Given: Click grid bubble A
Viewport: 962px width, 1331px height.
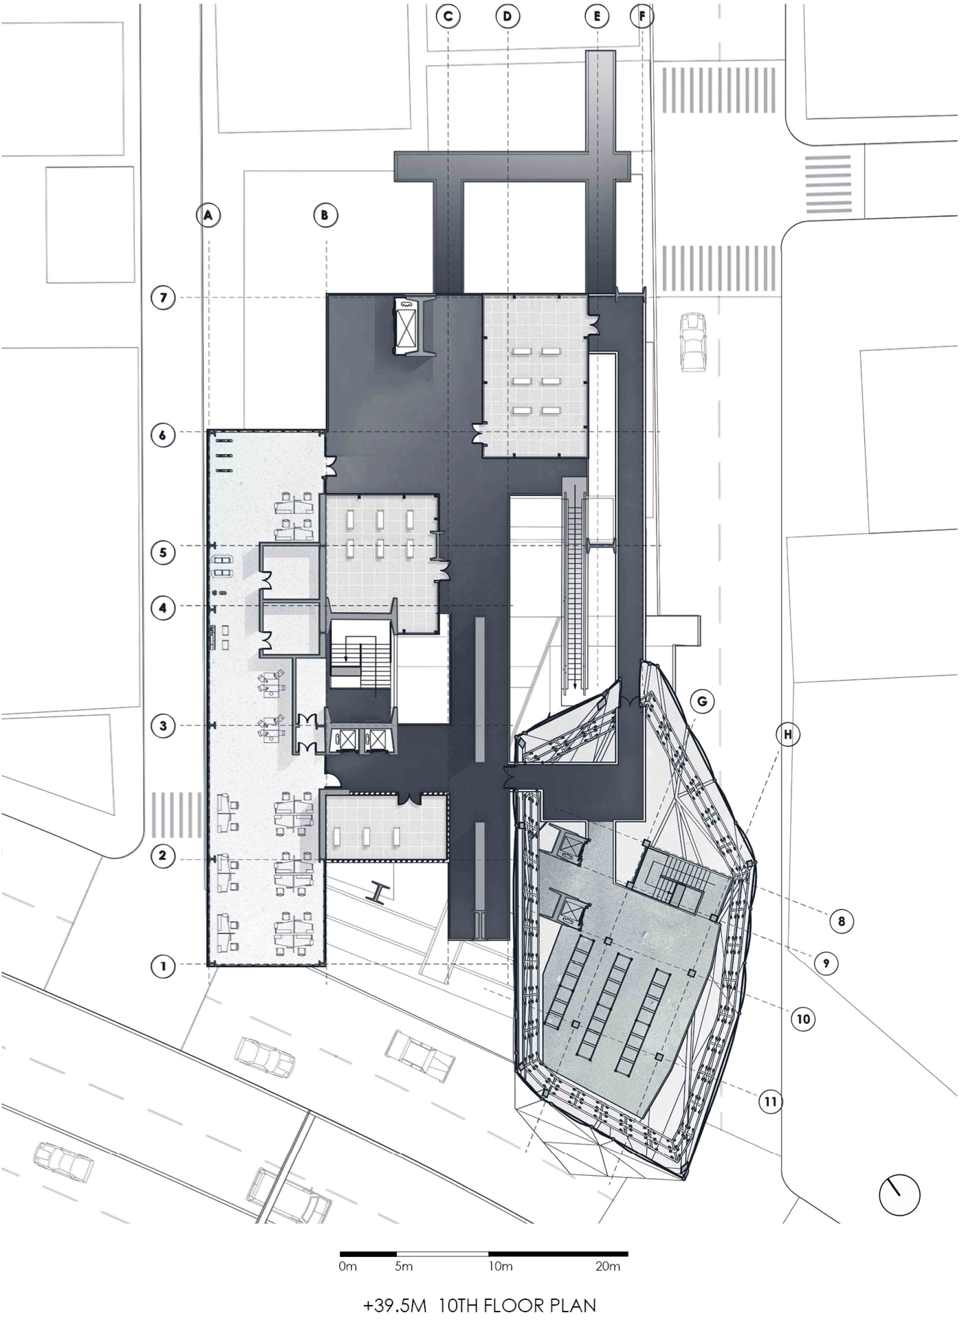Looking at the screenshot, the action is pyautogui.click(x=208, y=215).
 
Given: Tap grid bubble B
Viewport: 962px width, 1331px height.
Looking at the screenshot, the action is pyautogui.click(x=325, y=215).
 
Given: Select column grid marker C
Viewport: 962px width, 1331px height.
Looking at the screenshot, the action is pyautogui.click(x=448, y=17).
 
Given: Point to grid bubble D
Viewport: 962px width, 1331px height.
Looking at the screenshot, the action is pyautogui.click(x=508, y=17).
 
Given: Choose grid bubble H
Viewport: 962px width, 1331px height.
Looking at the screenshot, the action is pyautogui.click(x=788, y=735).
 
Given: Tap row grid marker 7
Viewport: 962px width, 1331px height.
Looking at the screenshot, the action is pyautogui.click(x=163, y=298).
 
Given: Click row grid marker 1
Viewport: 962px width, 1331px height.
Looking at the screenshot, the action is pyautogui.click(x=163, y=966).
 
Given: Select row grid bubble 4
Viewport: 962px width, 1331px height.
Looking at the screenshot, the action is pyautogui.click(x=163, y=608).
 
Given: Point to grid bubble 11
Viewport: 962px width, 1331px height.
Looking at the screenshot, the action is pyautogui.click(x=771, y=1101).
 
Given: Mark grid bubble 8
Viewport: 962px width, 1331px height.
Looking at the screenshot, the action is pyautogui.click(x=842, y=922).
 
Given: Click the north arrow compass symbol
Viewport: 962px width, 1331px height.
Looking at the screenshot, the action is pyautogui.click(x=899, y=1195).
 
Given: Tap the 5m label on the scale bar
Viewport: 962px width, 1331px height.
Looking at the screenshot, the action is pyautogui.click(x=403, y=1266).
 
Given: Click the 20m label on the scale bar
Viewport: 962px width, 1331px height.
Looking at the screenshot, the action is pyautogui.click(x=608, y=1266).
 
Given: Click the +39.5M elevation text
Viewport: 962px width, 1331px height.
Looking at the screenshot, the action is pyautogui.click(x=394, y=1306).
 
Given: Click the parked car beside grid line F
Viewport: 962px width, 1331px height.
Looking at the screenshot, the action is pyautogui.click(x=693, y=342).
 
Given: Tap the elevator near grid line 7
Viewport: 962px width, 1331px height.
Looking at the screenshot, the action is pyautogui.click(x=410, y=326).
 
